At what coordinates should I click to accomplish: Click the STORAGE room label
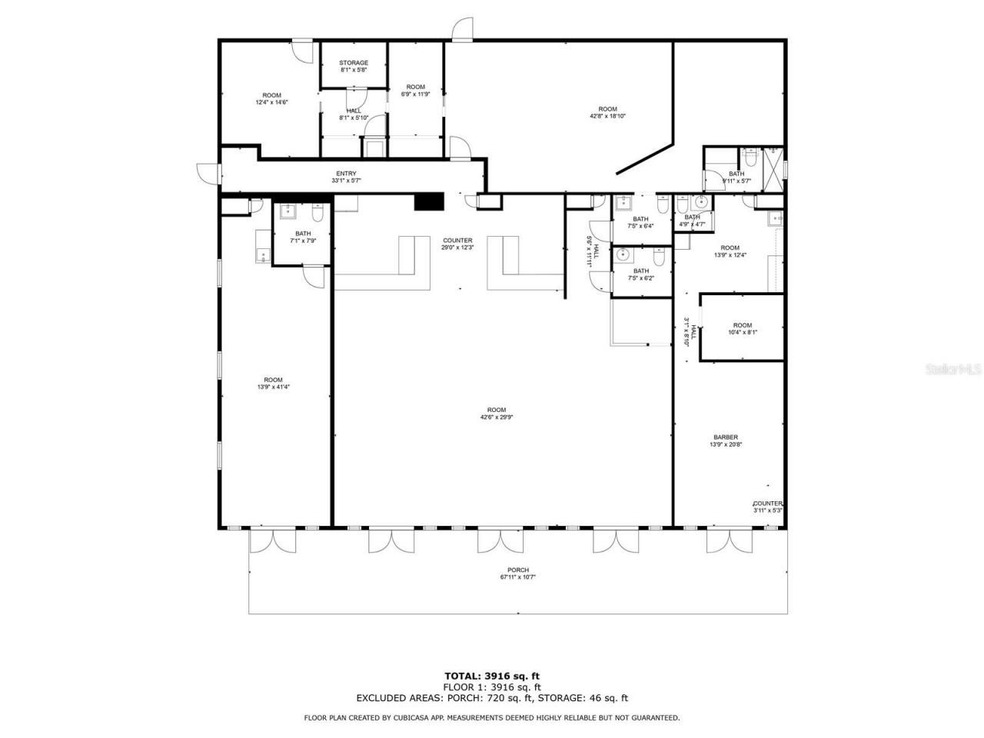pos(354,63)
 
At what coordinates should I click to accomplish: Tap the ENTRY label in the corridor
pos(346,174)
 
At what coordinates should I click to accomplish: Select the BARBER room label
pos(725,437)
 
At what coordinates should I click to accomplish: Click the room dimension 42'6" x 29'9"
pos(496,417)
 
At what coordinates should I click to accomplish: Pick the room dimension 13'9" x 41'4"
pos(273,387)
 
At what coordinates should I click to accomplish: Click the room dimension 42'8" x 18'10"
pos(607,116)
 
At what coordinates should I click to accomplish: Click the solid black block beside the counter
pos(429,201)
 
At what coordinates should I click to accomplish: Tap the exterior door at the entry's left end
pos(207,174)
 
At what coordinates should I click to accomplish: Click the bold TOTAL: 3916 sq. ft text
pos(492,676)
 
